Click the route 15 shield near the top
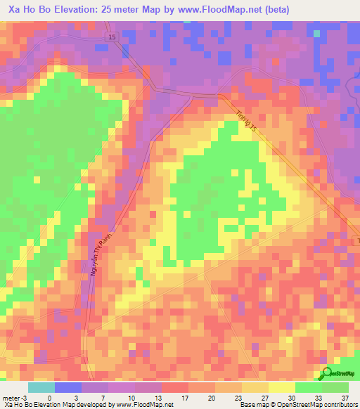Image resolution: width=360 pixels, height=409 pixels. click(112, 37)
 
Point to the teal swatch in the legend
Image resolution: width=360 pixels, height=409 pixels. click(41, 387)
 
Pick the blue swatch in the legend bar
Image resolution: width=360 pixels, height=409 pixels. click(68, 387)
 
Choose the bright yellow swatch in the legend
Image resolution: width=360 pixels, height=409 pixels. click(281, 387)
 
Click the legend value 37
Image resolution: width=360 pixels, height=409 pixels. click(345, 397)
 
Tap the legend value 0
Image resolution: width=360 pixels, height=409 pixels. click(49, 397)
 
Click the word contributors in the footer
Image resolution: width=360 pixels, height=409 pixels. click(341, 405)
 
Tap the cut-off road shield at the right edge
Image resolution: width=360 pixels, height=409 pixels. click(356, 241)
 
